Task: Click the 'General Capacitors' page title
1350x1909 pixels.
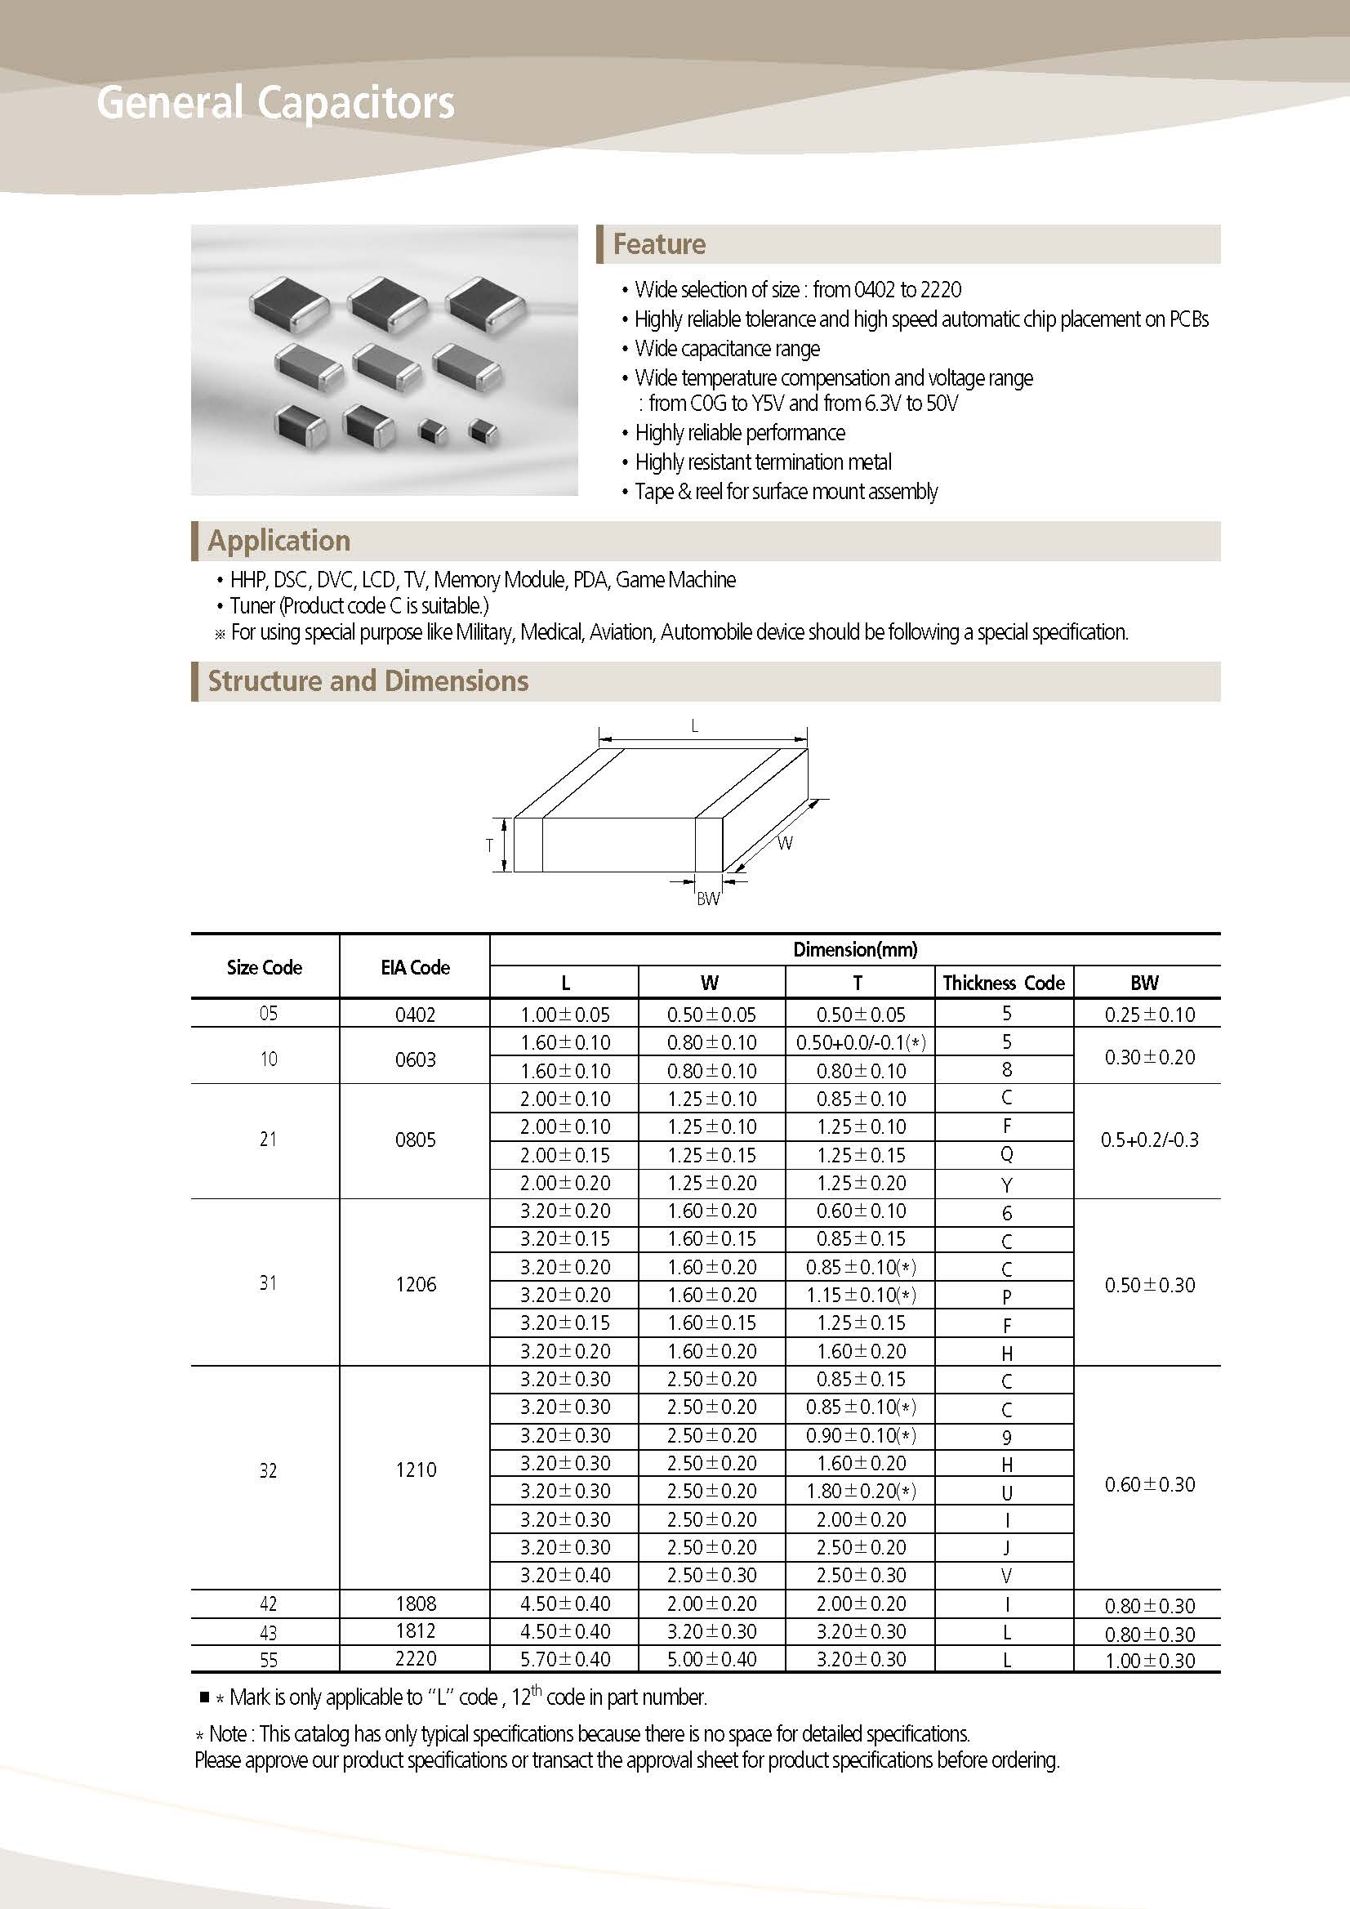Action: [x=275, y=103]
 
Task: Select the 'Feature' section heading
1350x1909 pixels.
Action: [x=659, y=244]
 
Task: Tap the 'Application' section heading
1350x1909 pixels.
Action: [x=279, y=541]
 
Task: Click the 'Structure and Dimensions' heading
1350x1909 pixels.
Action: [x=368, y=681]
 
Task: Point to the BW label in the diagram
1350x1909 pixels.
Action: [x=707, y=899]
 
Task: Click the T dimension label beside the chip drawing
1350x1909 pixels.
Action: [x=490, y=845]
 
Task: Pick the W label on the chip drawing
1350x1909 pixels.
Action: [x=786, y=843]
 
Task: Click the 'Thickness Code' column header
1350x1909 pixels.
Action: [x=1004, y=983]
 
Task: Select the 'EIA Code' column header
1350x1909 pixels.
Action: [x=415, y=967]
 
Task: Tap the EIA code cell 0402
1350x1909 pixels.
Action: [x=415, y=1015]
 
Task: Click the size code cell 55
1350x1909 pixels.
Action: [x=269, y=1661]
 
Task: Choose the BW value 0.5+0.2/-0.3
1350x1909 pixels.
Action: [x=1149, y=1140]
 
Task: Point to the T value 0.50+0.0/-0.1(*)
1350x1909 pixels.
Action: [x=860, y=1042]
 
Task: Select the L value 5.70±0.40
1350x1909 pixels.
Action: [x=565, y=1660]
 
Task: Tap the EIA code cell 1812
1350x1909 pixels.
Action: [x=416, y=1631]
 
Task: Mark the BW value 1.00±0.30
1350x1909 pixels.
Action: [x=1150, y=1661]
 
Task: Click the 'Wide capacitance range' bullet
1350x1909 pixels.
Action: [x=728, y=348]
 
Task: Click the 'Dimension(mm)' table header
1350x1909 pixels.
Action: [x=854, y=949]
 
